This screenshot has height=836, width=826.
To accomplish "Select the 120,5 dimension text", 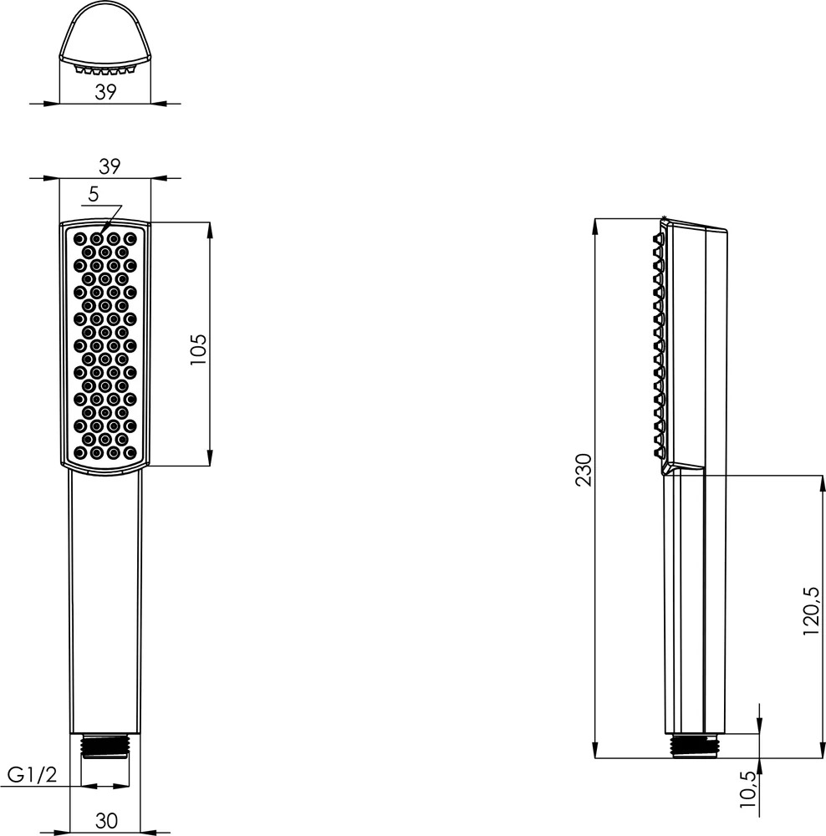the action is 810,610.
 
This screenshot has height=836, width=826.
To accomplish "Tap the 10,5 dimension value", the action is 748,790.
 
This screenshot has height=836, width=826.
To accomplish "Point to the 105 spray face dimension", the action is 198,349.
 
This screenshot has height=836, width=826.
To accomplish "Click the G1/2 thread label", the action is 32,774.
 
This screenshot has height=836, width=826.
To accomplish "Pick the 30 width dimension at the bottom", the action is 106,821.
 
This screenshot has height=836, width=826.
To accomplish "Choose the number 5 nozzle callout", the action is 94,195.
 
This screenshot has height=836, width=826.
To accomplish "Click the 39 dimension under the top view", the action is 105,92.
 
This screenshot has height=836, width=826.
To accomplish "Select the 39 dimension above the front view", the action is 110,166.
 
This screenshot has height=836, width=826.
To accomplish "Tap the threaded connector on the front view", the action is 105,745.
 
